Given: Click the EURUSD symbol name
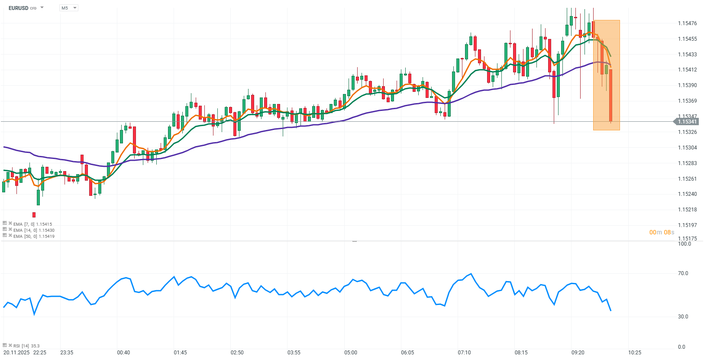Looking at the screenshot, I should [18, 8].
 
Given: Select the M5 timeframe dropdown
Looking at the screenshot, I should [68, 8].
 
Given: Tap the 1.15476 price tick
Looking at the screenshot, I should [687, 23].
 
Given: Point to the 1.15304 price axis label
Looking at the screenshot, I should [687, 148].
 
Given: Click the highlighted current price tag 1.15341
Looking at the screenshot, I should [687, 122].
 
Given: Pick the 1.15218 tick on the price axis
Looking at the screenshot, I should [687, 210].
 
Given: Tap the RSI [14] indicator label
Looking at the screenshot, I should [26, 346].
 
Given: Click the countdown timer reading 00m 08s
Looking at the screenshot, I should [662, 232].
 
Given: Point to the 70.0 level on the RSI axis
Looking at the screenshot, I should [683, 273].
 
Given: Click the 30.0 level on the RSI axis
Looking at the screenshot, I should [683, 317].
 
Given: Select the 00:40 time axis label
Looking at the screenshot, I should [123, 353].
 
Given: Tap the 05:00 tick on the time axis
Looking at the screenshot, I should [351, 353].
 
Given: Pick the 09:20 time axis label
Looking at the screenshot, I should [578, 353].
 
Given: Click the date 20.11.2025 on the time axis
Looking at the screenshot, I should [16, 353].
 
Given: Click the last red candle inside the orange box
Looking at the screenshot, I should [611, 95].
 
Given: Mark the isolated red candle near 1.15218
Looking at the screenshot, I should [34, 215].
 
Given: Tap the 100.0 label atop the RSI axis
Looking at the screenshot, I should [684, 244].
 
